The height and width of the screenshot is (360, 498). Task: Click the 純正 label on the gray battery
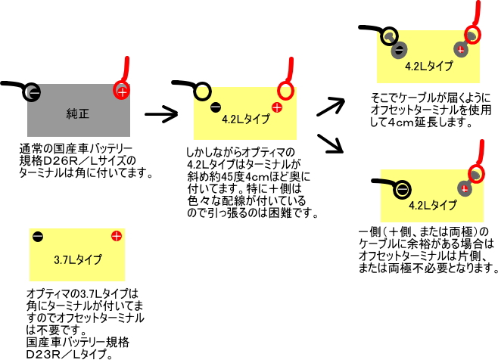click(78, 114)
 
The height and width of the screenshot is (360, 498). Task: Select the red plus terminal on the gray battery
click(122, 92)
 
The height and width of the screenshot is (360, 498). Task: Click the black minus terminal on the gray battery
click(31, 92)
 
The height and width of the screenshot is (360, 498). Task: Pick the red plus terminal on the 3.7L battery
click(115, 237)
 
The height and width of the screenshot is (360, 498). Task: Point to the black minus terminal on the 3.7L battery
click(38, 237)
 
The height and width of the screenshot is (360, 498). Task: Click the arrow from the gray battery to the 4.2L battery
click(160, 114)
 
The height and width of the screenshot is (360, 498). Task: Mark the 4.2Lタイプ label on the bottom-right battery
click(431, 204)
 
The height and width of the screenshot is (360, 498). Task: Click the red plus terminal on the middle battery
click(277, 107)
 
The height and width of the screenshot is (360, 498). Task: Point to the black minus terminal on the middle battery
click(216, 107)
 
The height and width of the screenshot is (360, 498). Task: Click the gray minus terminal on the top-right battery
click(398, 51)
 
